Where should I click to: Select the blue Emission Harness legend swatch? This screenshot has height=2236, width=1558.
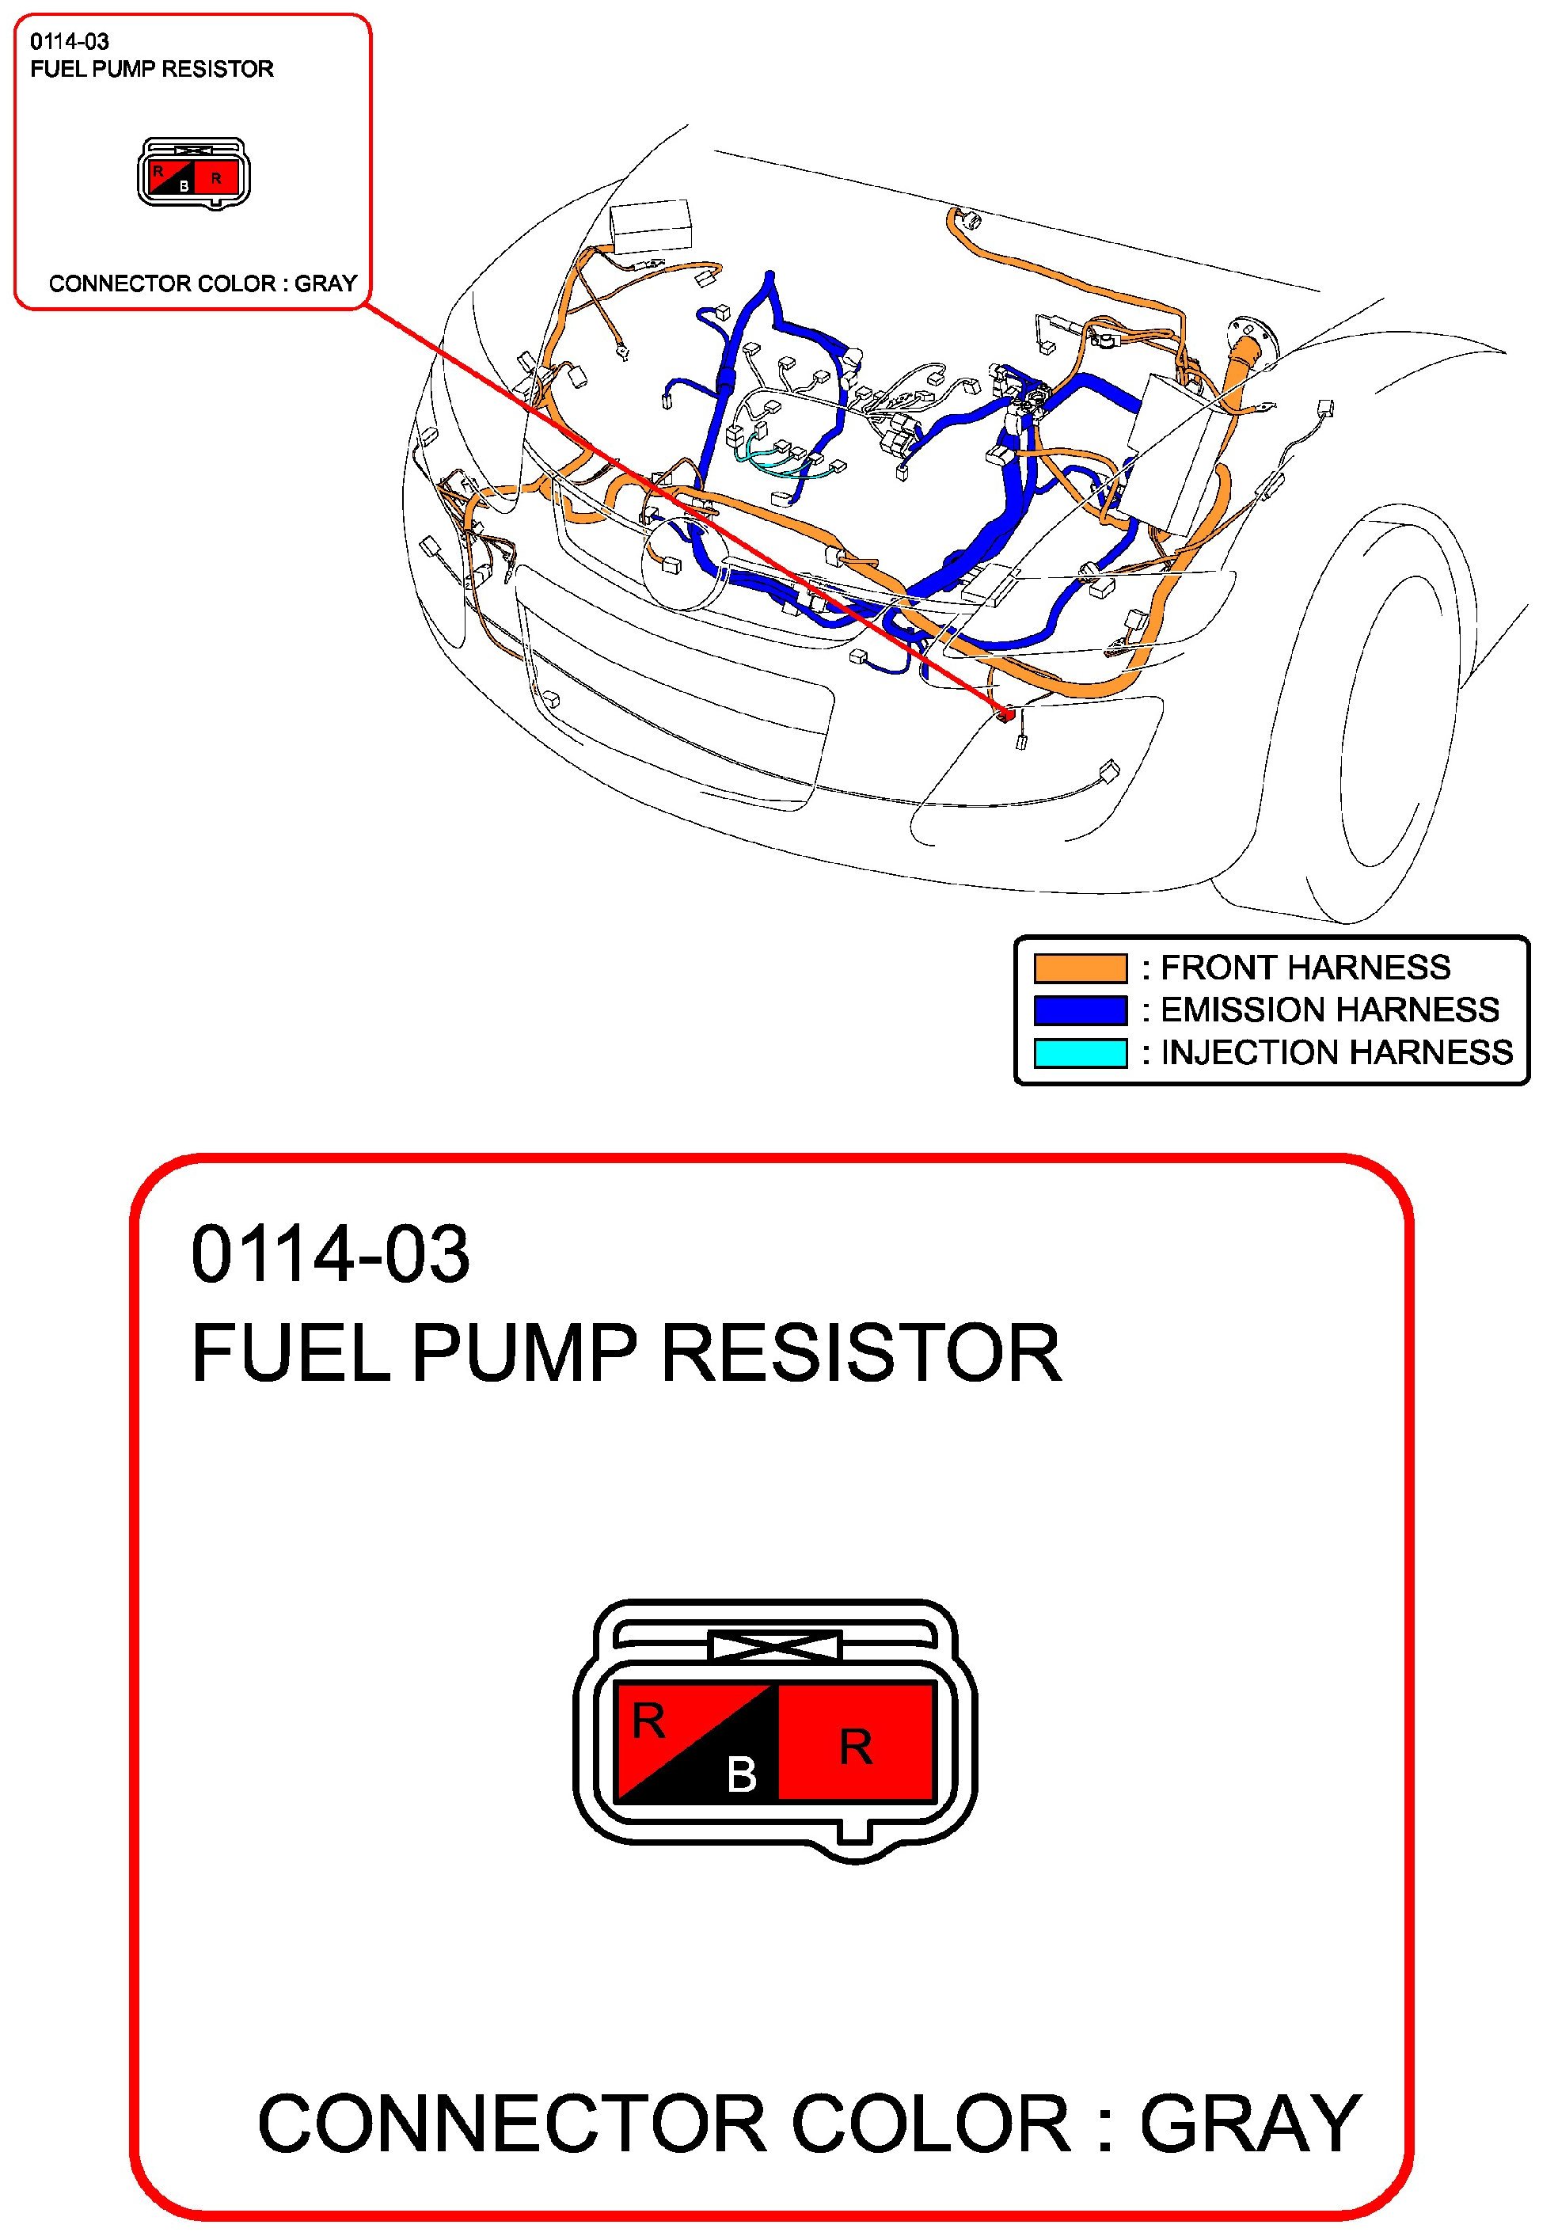pos(1079,1010)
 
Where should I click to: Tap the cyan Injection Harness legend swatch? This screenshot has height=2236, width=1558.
pos(1079,1053)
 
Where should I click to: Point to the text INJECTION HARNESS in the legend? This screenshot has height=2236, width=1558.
pos(1336,1053)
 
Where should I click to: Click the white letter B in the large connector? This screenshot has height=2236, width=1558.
pos(741,1774)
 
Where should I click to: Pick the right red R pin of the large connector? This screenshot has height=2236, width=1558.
pos(856,1747)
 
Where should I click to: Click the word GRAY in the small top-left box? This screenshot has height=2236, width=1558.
pos(325,283)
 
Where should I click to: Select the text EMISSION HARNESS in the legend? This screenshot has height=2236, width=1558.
pos(1329,1010)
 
